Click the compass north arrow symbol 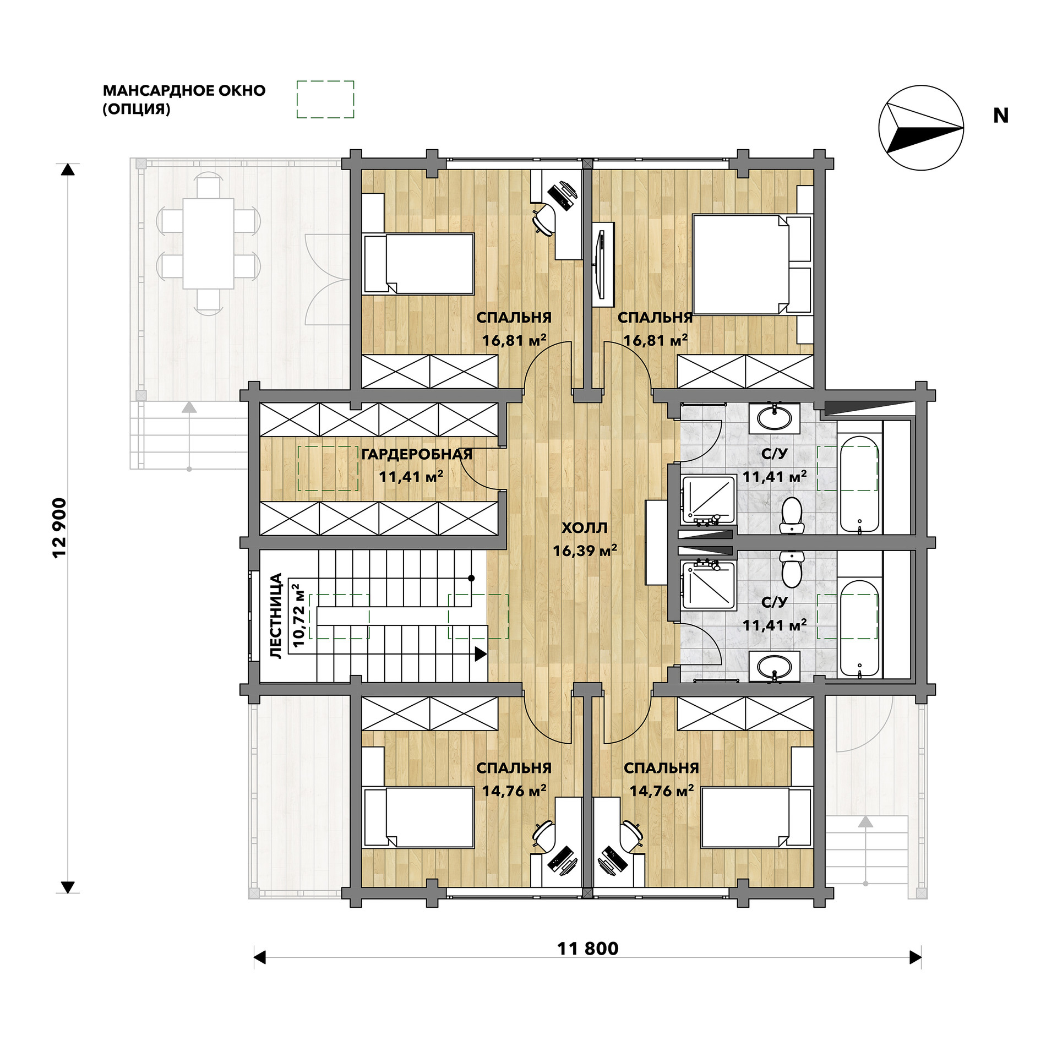tap(921, 128)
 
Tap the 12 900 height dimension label tap(59, 528)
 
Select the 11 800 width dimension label tap(588, 949)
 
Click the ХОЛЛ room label tap(585, 528)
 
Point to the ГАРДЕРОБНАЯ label tap(417, 454)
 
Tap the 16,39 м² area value tap(585, 551)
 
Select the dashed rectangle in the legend tap(325, 99)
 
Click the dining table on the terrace tap(209, 243)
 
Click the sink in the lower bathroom tap(775, 667)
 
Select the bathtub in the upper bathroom tap(859, 484)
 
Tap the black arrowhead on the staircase tap(481, 654)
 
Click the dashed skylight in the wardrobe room tap(328, 468)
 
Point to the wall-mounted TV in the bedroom tap(603, 264)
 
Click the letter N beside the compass tap(1000, 116)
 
